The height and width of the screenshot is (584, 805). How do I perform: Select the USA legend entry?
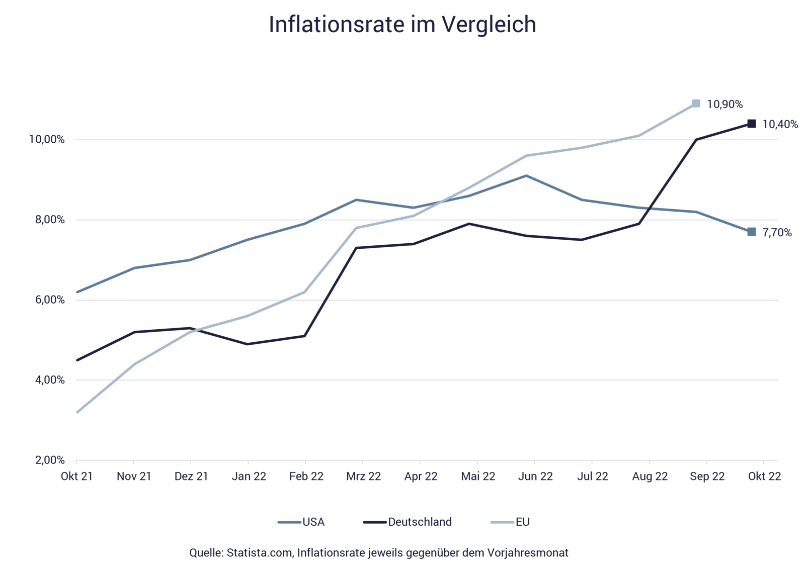313,522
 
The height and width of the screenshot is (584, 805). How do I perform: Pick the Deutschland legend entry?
419,522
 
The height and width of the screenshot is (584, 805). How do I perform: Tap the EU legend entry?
523,522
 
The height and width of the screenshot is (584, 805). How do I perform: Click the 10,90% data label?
725,105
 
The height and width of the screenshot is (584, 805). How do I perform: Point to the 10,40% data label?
780,124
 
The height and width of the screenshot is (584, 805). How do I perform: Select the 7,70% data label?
777,233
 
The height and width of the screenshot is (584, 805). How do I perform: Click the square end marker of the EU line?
696,103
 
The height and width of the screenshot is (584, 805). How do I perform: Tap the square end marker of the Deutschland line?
752,124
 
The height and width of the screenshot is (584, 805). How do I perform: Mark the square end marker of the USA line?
752,232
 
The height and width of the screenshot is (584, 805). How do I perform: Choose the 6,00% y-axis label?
50,300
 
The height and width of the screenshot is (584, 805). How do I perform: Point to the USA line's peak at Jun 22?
526,175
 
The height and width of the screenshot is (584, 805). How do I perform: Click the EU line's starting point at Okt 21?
76,412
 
